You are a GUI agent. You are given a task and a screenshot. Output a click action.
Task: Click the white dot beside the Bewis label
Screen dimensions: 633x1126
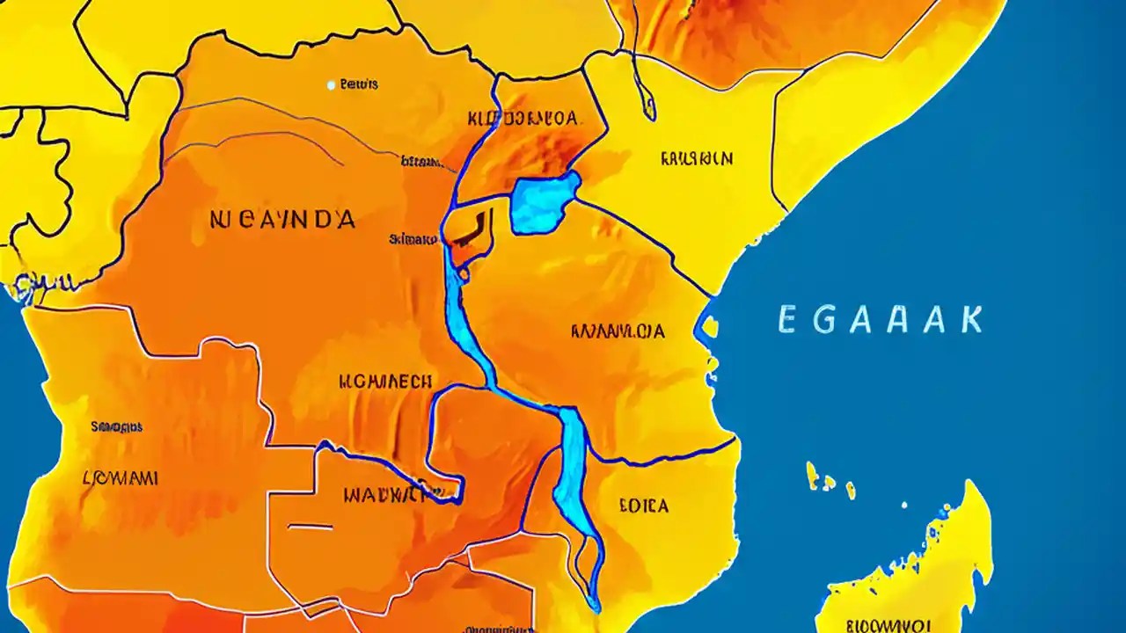tap(331, 85)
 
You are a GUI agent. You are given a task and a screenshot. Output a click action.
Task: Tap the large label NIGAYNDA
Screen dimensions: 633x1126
tap(282, 219)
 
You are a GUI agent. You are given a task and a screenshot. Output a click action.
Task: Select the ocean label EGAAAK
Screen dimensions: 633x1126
tap(880, 320)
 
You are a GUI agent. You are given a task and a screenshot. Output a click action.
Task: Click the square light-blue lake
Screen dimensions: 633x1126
tap(544, 203)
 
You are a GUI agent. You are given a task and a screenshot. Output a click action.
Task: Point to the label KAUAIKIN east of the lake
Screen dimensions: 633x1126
tap(695, 159)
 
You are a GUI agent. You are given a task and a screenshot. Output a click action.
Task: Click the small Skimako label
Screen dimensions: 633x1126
tap(412, 238)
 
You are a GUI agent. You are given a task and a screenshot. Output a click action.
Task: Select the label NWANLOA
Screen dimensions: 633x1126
tap(618, 332)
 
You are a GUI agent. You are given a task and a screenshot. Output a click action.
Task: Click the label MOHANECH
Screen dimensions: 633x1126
tap(385, 382)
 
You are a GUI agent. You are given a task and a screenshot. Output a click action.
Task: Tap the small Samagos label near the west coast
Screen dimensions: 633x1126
tap(116, 427)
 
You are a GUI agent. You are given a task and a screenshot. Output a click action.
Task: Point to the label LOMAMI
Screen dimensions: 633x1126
tap(120, 478)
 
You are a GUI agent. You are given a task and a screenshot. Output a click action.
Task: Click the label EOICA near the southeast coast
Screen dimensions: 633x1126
tap(643, 506)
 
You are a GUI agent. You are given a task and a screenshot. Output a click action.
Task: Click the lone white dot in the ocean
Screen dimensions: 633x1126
tap(903, 505)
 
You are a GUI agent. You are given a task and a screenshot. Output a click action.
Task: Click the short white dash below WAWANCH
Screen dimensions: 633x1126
tap(311, 527)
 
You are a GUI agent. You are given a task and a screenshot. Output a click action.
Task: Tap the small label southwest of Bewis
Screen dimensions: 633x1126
tap(420, 161)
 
